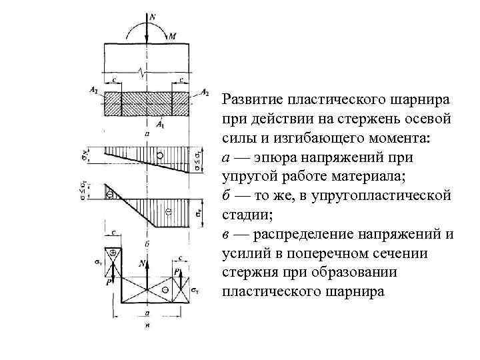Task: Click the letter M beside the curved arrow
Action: pyautogui.click(x=172, y=37)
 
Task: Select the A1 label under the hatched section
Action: pyautogui.click(x=160, y=124)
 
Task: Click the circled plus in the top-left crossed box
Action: pyautogui.click(x=114, y=253)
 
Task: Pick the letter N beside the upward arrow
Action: pyautogui.click(x=141, y=265)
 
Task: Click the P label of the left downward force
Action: pyautogui.click(x=108, y=282)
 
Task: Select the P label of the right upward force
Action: pyautogui.click(x=176, y=272)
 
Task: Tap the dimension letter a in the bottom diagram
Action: pyautogui.click(x=146, y=312)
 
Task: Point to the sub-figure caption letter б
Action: pyautogui.click(x=146, y=244)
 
